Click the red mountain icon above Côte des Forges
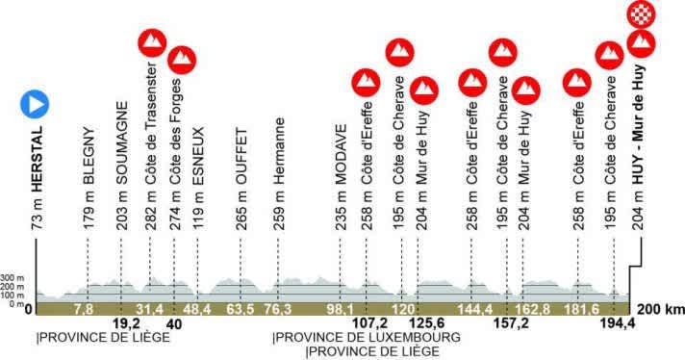179,60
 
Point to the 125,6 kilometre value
425,324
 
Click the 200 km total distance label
659,309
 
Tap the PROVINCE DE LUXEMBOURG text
367,338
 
